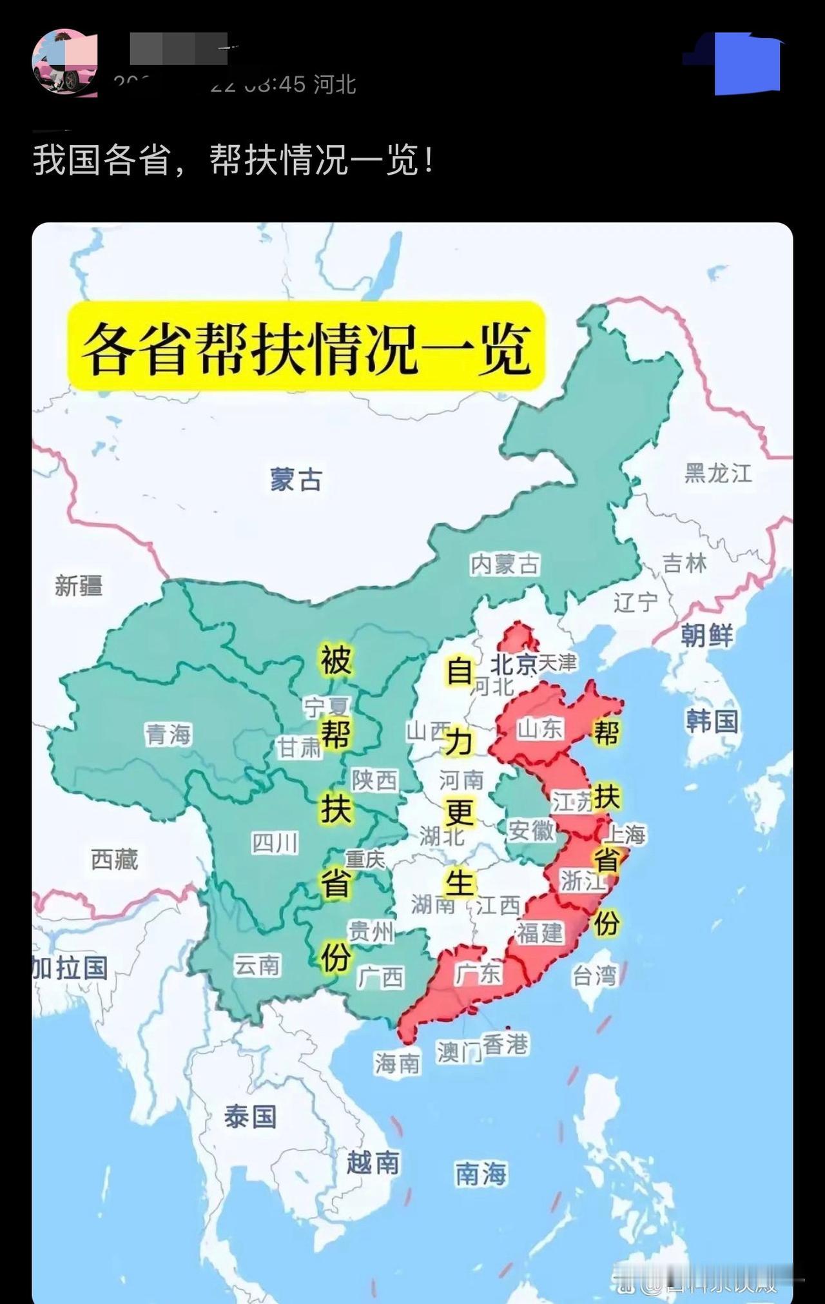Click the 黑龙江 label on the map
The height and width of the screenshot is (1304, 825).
pyautogui.click(x=718, y=474)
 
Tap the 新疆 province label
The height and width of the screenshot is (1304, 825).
pyautogui.click(x=78, y=586)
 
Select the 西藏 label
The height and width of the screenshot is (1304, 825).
pyautogui.click(x=114, y=859)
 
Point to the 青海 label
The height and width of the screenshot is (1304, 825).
pyautogui.click(x=168, y=734)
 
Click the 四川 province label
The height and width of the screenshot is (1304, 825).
pyautogui.click(x=275, y=842)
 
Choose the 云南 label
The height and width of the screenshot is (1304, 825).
pyautogui.click(x=257, y=965)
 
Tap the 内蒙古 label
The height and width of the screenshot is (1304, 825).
pyautogui.click(x=505, y=565)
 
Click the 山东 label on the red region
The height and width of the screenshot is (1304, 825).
pyautogui.click(x=540, y=729)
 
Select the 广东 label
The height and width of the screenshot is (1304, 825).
pyautogui.click(x=478, y=973)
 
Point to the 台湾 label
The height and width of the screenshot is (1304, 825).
pyautogui.click(x=594, y=976)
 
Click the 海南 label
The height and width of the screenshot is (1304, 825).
pyautogui.click(x=397, y=1064)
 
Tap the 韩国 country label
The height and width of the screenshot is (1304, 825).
pyautogui.click(x=712, y=721)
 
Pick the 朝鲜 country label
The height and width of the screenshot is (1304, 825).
pyautogui.click(x=707, y=636)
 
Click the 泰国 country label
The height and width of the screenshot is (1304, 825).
pyautogui.click(x=250, y=1116)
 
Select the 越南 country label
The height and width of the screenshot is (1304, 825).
pyautogui.click(x=373, y=1163)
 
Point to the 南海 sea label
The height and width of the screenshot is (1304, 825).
pyautogui.click(x=481, y=1174)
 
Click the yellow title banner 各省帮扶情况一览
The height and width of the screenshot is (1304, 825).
pyautogui.click(x=307, y=346)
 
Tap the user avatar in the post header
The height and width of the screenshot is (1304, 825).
pyautogui.click(x=64, y=63)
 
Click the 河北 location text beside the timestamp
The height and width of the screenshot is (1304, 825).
pyautogui.click(x=335, y=84)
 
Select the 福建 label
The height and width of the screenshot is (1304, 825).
pyautogui.click(x=539, y=933)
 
